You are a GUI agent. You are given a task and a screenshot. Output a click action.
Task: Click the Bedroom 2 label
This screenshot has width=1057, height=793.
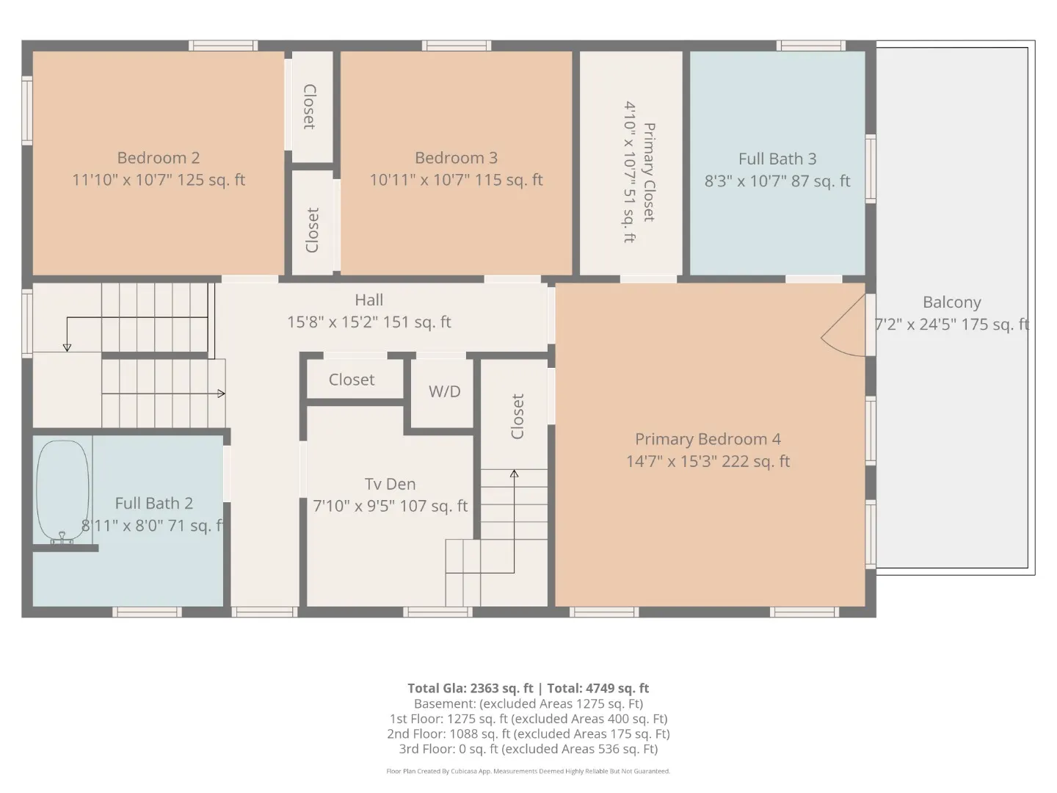click(158, 158)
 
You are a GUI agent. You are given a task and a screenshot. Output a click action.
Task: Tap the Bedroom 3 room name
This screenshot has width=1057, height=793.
click(456, 158)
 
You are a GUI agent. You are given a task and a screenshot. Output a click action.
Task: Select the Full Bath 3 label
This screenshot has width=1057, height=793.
click(777, 159)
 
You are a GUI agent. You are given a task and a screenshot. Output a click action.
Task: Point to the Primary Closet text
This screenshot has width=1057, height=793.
click(649, 172)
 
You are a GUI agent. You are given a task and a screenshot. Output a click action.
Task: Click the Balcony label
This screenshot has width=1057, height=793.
click(951, 303)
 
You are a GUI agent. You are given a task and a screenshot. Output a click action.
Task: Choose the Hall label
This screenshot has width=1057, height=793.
click(369, 300)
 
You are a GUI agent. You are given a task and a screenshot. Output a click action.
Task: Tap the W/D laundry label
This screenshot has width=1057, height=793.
click(445, 391)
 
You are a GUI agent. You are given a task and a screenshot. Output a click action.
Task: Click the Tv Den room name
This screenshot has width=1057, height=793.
click(390, 484)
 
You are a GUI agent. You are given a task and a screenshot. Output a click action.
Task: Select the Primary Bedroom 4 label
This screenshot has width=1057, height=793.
click(708, 439)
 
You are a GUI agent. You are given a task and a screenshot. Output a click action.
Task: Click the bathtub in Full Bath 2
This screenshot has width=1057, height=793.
click(62, 490)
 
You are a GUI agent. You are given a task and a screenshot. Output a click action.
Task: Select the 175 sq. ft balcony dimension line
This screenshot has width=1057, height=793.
click(951, 325)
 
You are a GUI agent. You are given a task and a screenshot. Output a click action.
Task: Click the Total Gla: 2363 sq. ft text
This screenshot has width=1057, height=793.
click(470, 688)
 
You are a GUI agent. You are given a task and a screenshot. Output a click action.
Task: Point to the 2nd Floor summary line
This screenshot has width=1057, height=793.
click(528, 734)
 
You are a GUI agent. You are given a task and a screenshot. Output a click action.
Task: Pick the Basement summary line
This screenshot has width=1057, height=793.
click(528, 704)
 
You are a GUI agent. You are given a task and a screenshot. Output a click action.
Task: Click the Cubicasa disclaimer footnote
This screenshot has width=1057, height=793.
click(528, 771)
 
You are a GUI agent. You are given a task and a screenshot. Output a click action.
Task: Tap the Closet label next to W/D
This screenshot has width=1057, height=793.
click(352, 380)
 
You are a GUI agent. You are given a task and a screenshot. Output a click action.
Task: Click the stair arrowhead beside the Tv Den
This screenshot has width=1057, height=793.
click(515, 474)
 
